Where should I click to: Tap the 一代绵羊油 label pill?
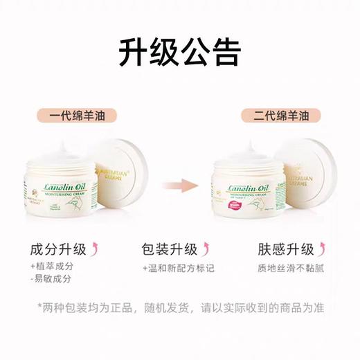click(x=77, y=114)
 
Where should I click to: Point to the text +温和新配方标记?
click(x=177, y=267)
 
